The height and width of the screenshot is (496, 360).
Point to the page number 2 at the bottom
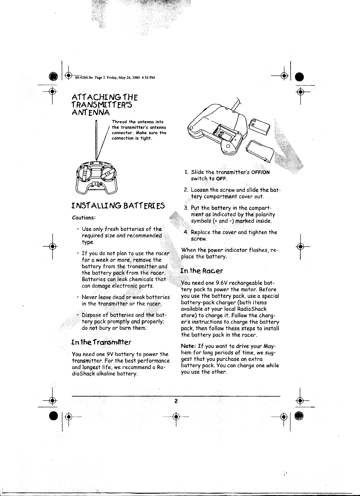[x=176, y=401]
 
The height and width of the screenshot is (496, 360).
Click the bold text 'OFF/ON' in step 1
[x=260, y=172]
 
